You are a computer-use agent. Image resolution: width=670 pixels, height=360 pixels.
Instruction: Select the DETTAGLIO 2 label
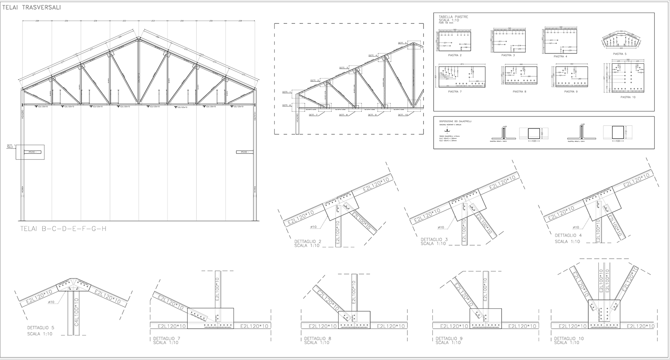[x=308, y=242]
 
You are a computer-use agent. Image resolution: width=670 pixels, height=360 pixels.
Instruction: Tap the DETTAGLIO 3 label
[x=434, y=239]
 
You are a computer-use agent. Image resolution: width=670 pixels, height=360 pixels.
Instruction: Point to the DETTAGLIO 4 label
[x=568, y=236]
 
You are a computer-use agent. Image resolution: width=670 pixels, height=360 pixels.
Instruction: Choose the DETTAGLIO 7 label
[x=166, y=338]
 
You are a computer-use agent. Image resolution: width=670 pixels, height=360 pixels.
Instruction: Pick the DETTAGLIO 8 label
[x=318, y=338]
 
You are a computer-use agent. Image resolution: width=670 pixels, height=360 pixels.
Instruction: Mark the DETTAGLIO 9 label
[x=449, y=338]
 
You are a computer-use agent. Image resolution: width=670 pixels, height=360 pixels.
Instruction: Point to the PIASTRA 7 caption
[x=454, y=91]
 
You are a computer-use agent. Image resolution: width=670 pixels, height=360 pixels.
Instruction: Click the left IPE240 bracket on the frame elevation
[x=33, y=152]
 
